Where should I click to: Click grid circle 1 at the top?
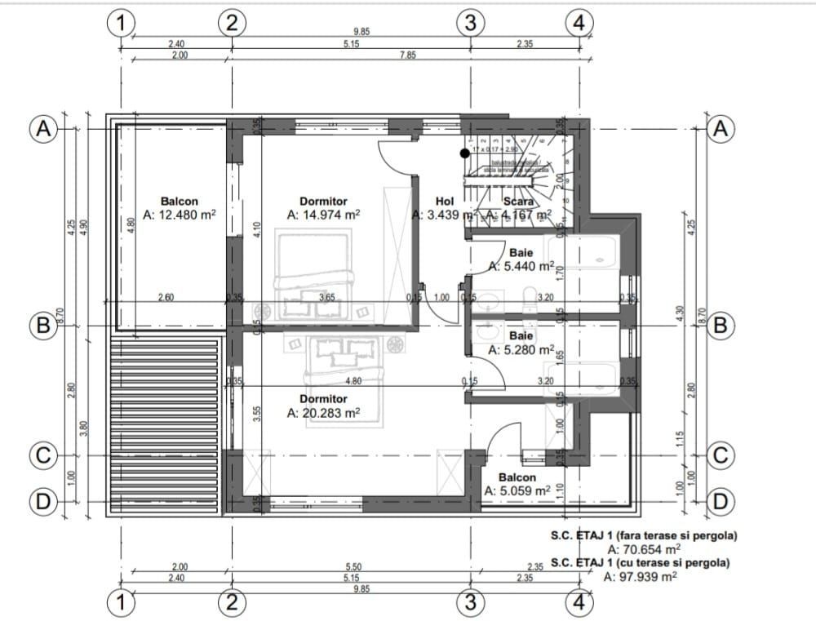tap(121, 23)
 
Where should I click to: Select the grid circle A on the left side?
tap(42, 129)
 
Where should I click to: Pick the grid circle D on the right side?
tap(720, 499)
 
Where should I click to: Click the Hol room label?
tap(444, 202)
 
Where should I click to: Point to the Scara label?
tap(518, 202)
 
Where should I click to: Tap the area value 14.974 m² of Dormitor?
tap(324, 215)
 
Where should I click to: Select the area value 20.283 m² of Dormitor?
tap(324, 413)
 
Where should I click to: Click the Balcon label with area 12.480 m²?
tap(179, 202)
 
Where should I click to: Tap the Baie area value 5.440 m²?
tap(521, 266)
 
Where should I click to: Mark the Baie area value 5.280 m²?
tap(521, 349)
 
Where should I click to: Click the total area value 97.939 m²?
tap(640, 576)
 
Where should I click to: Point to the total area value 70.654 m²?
tap(644, 549)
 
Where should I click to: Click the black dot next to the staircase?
tap(464, 153)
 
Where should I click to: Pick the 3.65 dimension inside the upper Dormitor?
tap(326, 297)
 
